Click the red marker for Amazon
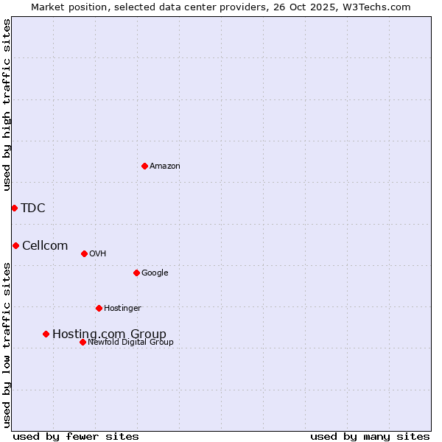(144, 166)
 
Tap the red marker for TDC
(14, 208)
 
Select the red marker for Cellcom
(15, 245)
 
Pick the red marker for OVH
(84, 253)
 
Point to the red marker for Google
(136, 273)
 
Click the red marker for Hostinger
(99, 308)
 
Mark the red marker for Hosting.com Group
(46, 334)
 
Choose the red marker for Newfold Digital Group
(83, 342)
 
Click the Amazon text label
(165, 166)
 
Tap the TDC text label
(33, 208)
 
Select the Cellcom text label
(45, 245)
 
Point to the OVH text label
(98, 254)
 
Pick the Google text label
(155, 273)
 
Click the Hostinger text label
(122, 309)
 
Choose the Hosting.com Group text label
(109, 334)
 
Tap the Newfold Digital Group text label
(130, 343)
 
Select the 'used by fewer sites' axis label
(76, 436)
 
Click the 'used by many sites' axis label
(370, 436)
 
